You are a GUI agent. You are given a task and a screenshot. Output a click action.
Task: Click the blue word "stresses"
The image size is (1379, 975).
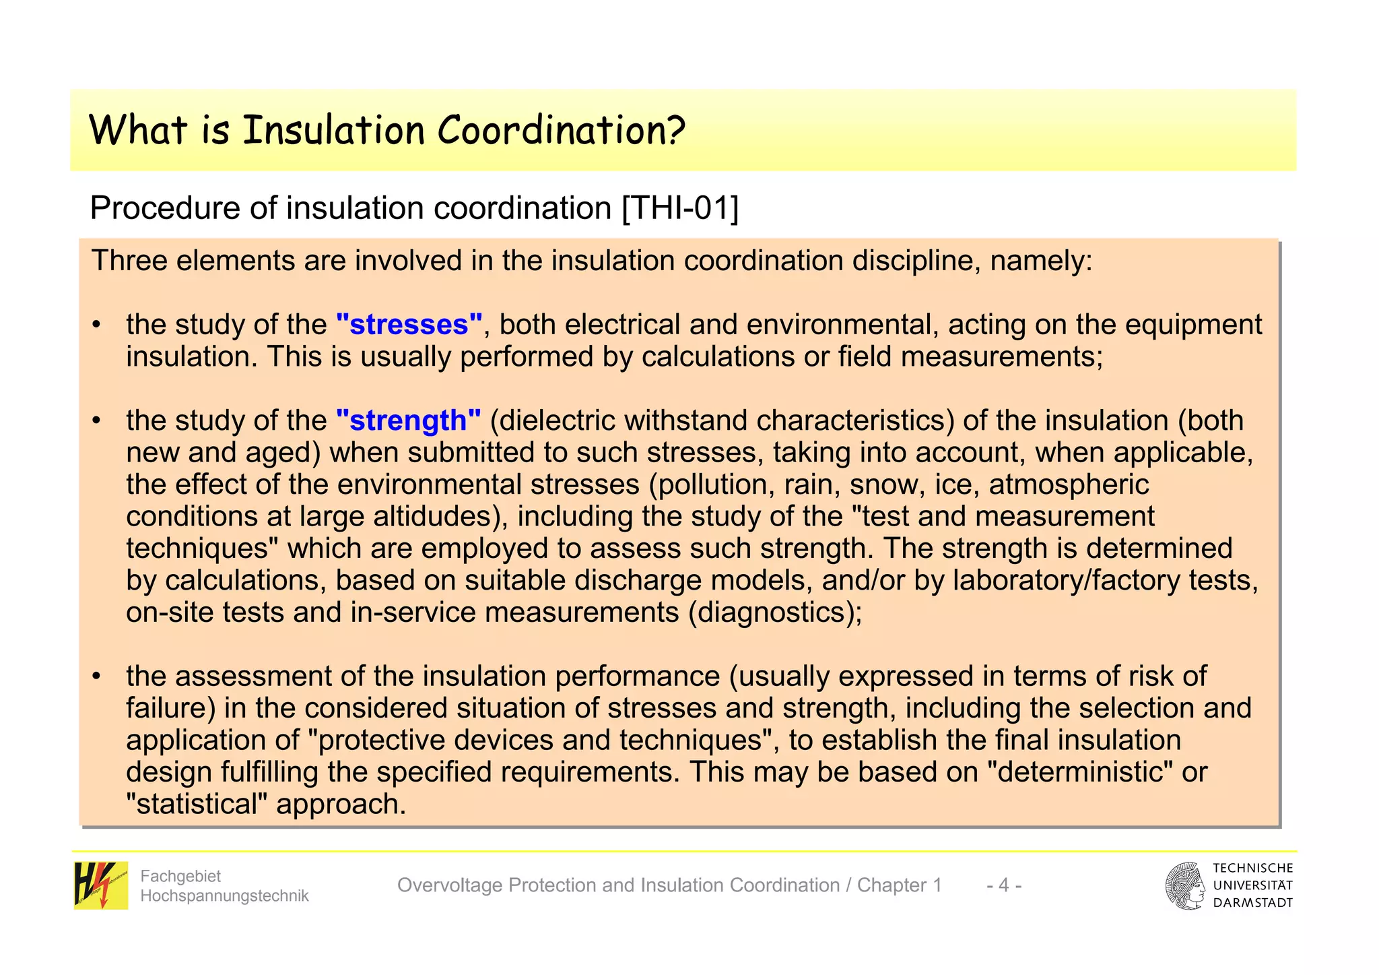pos(409,325)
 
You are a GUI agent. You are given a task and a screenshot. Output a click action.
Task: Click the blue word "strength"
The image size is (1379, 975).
pos(408,420)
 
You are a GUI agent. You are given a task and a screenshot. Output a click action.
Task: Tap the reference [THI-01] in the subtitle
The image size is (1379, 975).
pos(680,208)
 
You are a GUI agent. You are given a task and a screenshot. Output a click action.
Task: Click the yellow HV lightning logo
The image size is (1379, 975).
pos(100,885)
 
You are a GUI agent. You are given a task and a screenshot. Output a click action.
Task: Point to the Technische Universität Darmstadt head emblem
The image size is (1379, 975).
pos(1185,885)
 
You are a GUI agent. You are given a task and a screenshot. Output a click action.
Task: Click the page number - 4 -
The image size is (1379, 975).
pos(1003,885)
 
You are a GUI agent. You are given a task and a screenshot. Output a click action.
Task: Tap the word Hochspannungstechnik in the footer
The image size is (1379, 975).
pos(224,895)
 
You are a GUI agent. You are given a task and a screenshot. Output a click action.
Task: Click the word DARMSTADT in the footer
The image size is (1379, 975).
pos(1252,903)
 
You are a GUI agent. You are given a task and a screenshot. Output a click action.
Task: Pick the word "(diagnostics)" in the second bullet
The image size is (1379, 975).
pos(775,612)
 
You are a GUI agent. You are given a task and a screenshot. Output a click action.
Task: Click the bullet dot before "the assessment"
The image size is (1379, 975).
pos(97,676)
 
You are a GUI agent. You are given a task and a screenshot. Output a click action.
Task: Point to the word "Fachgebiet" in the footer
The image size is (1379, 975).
pos(180,876)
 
